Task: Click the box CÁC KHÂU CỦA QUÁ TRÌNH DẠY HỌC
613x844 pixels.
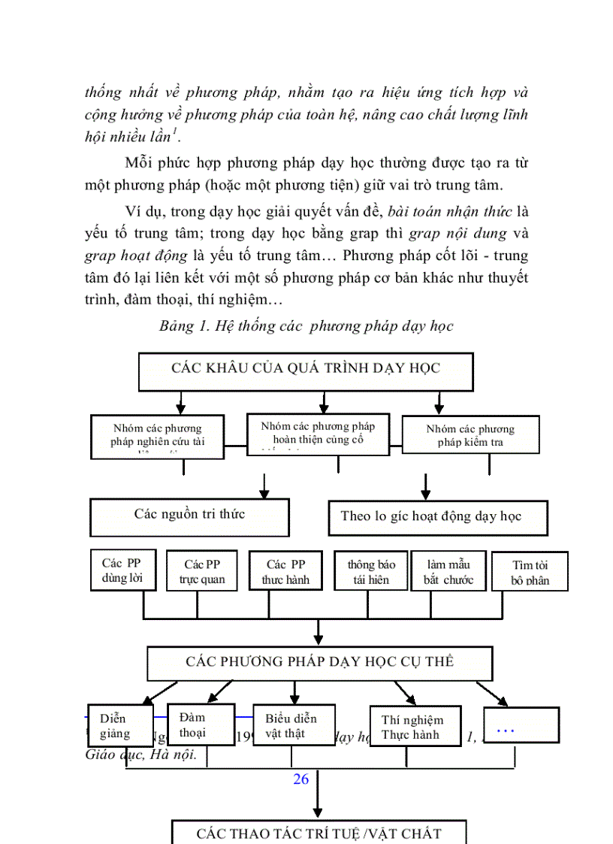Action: [306, 368]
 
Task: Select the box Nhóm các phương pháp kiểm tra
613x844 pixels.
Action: [471, 435]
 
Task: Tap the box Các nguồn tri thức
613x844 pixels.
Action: [189, 515]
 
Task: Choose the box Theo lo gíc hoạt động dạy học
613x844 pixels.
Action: [438, 517]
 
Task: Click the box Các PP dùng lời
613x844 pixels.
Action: [122, 570]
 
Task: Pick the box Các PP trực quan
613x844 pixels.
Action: [202, 572]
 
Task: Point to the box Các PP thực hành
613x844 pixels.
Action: [285, 572]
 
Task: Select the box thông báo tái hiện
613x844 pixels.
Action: [371, 572]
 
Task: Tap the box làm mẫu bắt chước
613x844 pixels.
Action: [448, 572]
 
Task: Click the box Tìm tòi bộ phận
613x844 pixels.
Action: [530, 572]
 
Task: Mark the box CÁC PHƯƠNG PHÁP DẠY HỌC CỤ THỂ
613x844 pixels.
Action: [319, 662]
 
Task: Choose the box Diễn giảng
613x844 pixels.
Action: [120, 725]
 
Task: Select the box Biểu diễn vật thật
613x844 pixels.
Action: [294, 725]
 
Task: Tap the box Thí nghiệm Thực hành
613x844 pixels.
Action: [415, 727]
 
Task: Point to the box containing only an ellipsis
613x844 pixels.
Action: [521, 725]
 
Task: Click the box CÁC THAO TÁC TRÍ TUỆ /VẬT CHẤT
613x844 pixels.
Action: [319, 833]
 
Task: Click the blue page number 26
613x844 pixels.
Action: [301, 779]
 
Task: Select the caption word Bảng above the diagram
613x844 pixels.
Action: [177, 326]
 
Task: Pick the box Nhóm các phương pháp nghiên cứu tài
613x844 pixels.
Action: [157, 435]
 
